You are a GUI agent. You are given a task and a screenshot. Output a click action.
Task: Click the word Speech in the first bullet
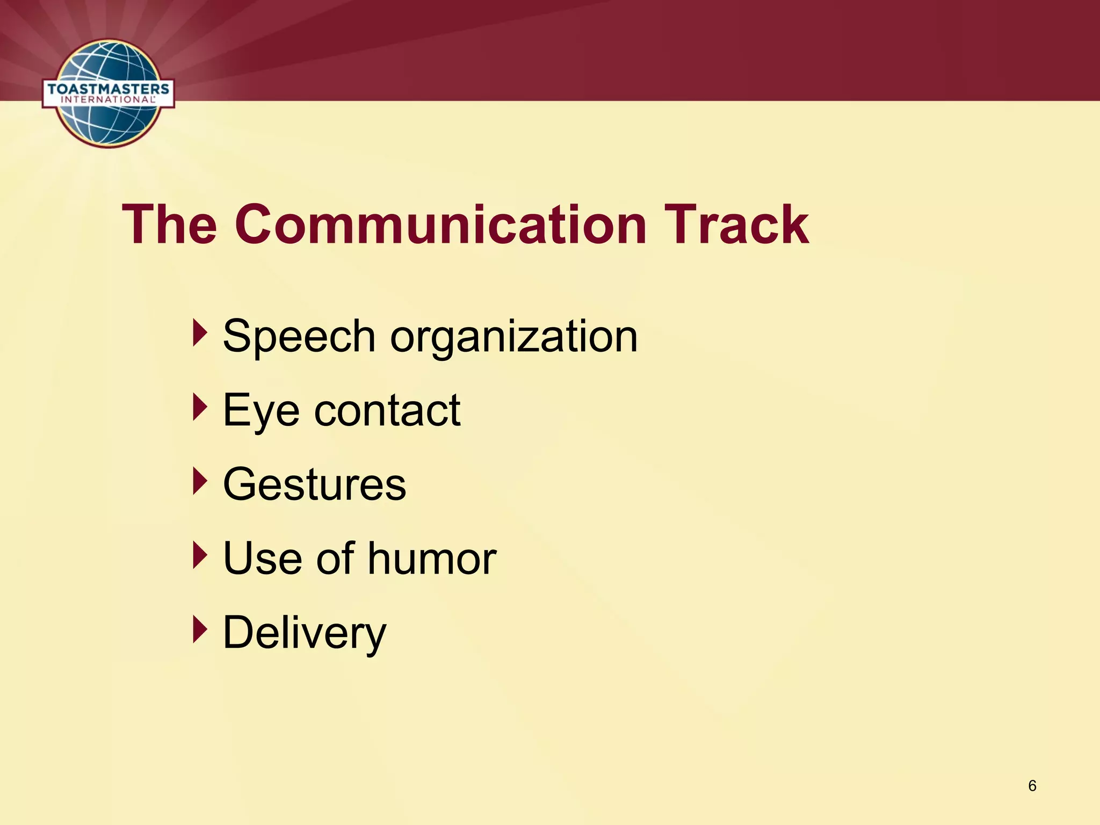coord(299,337)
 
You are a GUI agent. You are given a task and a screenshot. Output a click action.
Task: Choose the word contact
coord(387,410)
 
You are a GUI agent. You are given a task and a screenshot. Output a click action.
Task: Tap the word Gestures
coord(314,484)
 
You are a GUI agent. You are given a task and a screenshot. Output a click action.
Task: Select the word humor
coord(432,559)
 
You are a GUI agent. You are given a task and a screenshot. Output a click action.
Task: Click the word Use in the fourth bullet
coord(262,559)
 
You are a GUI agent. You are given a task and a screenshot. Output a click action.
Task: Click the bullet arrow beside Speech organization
coord(200,333)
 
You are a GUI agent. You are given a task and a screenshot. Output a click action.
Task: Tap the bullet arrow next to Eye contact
coord(200,407)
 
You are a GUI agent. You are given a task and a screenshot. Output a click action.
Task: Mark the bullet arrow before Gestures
coord(200,481)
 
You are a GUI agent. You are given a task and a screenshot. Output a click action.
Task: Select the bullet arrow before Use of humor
coord(200,555)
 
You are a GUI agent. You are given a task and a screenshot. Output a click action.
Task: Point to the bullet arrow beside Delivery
coord(200,629)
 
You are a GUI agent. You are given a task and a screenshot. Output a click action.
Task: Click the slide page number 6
coord(1032,786)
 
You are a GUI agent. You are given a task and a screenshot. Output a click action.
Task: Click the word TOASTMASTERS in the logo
coord(108,89)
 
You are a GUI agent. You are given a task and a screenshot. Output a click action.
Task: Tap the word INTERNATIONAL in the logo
coord(107,100)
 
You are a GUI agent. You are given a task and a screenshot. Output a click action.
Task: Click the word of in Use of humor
coord(335,559)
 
